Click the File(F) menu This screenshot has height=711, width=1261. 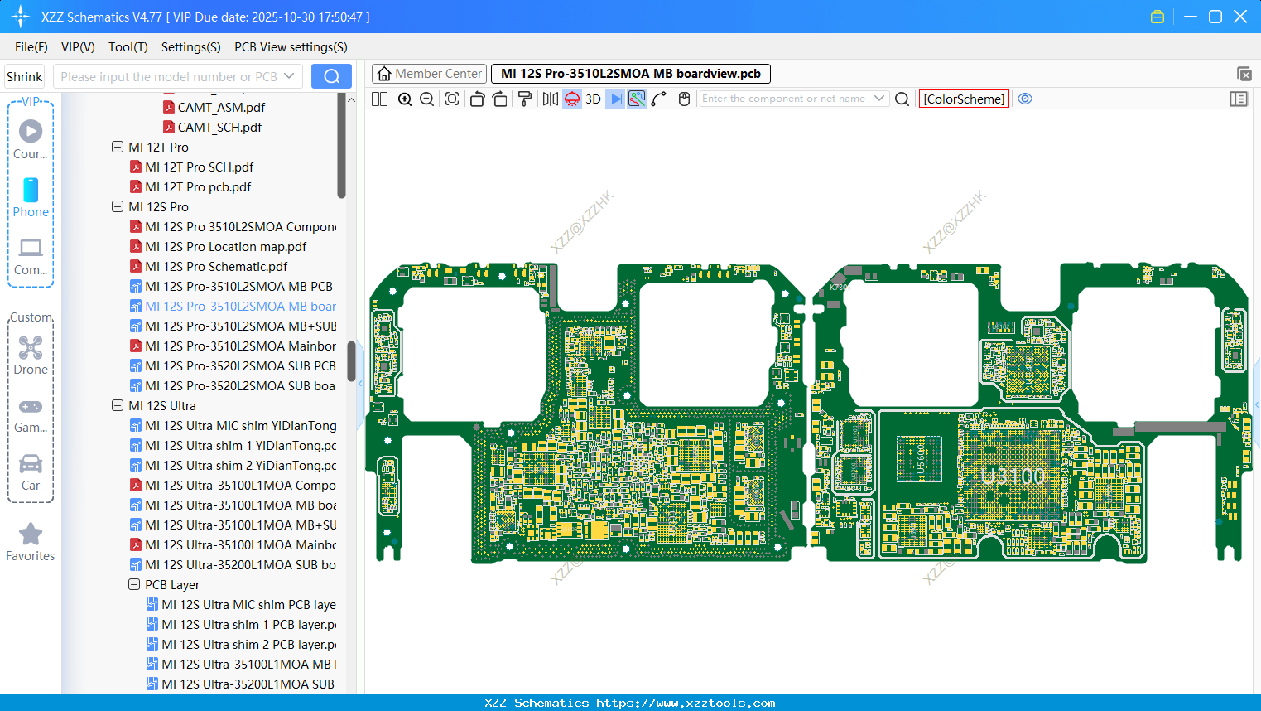(x=31, y=47)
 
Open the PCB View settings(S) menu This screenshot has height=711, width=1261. (x=291, y=47)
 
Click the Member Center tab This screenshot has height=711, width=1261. (x=430, y=74)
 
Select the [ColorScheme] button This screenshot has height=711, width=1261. (x=964, y=99)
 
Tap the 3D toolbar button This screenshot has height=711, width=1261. (x=593, y=99)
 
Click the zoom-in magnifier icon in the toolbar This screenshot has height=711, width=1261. (x=405, y=99)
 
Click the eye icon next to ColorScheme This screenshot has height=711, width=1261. (x=1025, y=99)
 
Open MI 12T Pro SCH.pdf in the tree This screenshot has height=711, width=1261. (x=199, y=167)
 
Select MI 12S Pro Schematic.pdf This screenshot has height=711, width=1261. (x=216, y=267)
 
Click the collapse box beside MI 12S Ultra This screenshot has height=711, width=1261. (x=118, y=406)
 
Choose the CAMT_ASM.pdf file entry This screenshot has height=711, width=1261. (x=221, y=108)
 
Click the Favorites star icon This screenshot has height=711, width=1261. (x=31, y=534)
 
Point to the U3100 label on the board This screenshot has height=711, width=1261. (x=1013, y=476)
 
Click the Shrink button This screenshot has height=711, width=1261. (x=25, y=77)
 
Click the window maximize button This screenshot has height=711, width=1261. (x=1215, y=17)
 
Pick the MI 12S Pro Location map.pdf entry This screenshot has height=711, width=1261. (x=225, y=247)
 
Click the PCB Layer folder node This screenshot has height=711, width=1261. (x=171, y=585)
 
